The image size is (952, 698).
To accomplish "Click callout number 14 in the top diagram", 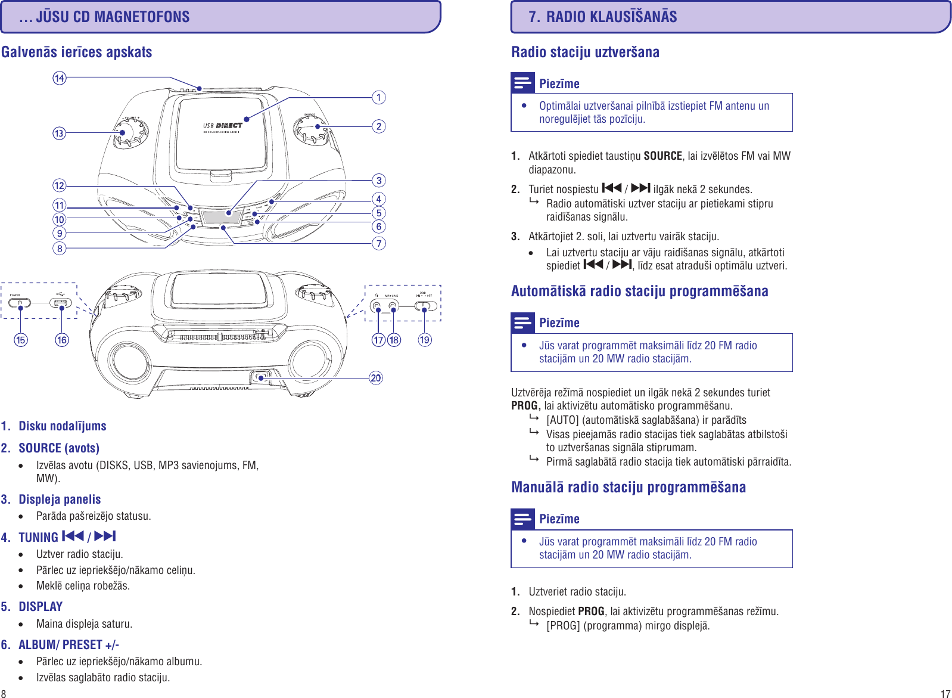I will coord(60,78).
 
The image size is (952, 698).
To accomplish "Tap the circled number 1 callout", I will coord(379,97).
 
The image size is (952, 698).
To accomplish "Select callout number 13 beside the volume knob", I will coord(59,133).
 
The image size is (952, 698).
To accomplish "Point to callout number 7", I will coord(379,243).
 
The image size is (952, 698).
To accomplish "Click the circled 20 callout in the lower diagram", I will coord(376,378).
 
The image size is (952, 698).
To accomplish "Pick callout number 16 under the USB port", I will coord(62,340).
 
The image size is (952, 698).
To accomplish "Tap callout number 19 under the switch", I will coord(424,340).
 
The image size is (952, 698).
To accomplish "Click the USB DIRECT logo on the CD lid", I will coord(223,126).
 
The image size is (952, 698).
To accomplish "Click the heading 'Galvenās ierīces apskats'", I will coord(76,52).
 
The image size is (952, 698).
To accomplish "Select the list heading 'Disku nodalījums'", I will coord(62,426).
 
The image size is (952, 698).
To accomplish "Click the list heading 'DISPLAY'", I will coord(41,606).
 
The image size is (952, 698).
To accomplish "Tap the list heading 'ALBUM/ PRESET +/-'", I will coord(69,644).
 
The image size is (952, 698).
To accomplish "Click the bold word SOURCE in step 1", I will coord(662,156).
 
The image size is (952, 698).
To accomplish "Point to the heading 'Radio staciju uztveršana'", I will coord(585,52).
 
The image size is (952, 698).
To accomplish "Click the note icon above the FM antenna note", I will coord(522,83).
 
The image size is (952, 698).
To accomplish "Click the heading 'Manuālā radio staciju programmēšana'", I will coord(628,487).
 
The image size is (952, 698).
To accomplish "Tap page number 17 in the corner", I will coord(945,693).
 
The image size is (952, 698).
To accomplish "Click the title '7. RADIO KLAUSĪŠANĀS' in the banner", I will coord(602,17).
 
